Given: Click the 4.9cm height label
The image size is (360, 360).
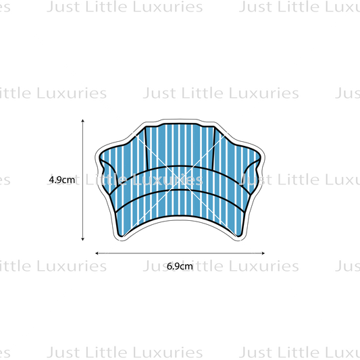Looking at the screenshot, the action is (x=62, y=180).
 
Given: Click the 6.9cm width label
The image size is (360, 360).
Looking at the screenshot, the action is (x=180, y=266).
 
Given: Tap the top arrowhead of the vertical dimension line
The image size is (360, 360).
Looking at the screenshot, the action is (x=83, y=120).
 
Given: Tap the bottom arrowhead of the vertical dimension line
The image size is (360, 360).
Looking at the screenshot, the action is (x=83, y=239).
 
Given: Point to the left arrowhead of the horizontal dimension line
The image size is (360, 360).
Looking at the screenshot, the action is (x=97, y=253).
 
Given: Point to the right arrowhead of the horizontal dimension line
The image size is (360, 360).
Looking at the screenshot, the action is (x=263, y=253).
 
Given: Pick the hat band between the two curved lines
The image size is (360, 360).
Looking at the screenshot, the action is (x=180, y=178).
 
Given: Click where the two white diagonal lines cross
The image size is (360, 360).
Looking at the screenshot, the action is (x=180, y=180).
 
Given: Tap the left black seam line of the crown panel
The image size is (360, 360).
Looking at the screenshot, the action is (x=147, y=148).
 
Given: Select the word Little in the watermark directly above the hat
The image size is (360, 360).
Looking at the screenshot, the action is (x=202, y=93).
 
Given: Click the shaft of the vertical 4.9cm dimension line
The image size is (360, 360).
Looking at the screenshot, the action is (x=83, y=180).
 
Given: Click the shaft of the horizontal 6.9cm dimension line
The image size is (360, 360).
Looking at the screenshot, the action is (x=180, y=253).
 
